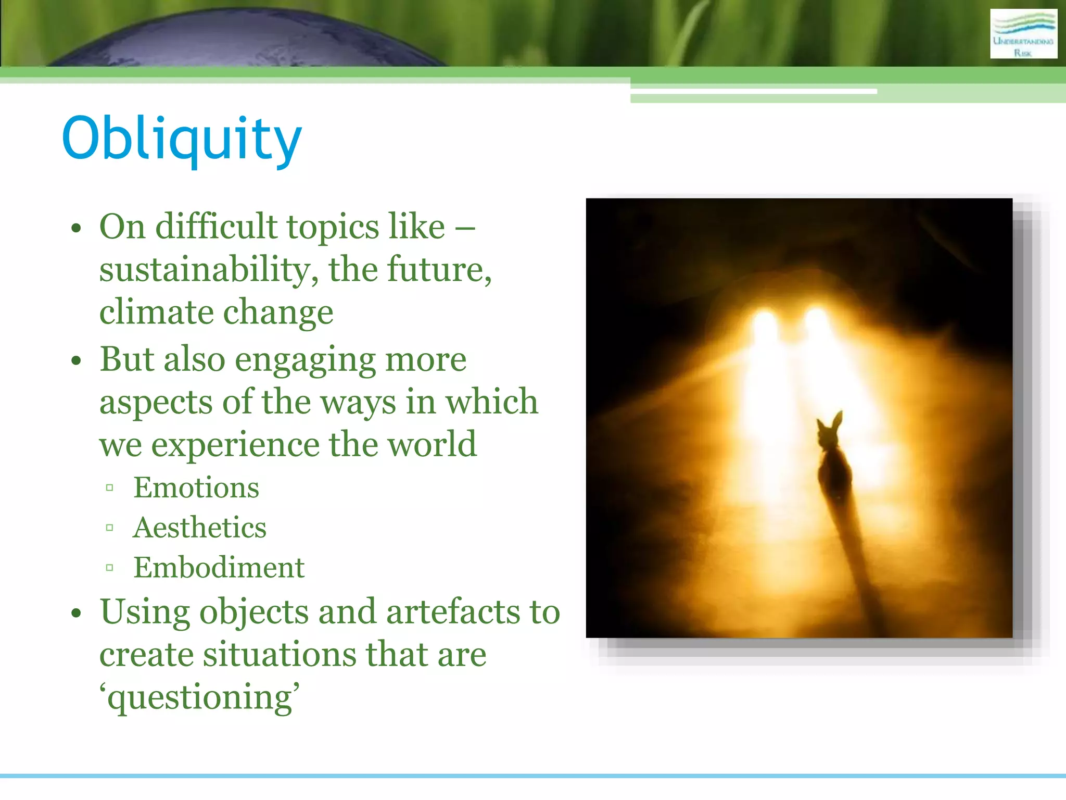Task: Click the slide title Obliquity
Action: pyautogui.click(x=182, y=139)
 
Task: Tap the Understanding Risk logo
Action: pyautogui.click(x=1023, y=34)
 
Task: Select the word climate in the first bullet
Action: pyautogui.click(x=156, y=312)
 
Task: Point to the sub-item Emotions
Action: pyautogui.click(x=196, y=488)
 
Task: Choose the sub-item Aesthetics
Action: pyautogui.click(x=200, y=528)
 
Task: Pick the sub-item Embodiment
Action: pyautogui.click(x=219, y=568)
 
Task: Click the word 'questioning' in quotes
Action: pyautogui.click(x=200, y=697)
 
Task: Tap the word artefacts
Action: pyautogui.click(x=453, y=612)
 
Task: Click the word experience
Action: pyautogui.click(x=235, y=445)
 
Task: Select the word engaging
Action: pyautogui.click(x=305, y=360)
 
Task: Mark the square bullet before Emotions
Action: pyautogui.click(x=109, y=488)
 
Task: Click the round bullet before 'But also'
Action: pyautogui.click(x=77, y=360)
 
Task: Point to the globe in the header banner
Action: pyautogui.click(x=245, y=39)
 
